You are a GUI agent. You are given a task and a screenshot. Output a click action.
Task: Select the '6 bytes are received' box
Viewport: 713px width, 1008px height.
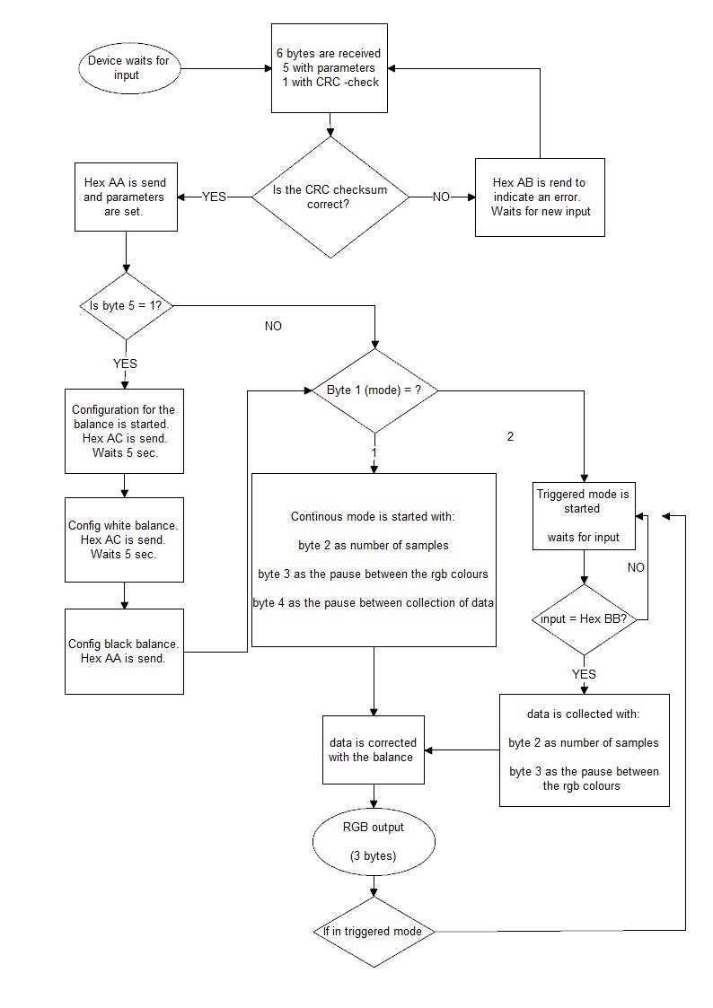click(330, 69)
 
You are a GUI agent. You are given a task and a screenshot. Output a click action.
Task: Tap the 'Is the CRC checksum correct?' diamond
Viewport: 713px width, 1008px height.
click(330, 197)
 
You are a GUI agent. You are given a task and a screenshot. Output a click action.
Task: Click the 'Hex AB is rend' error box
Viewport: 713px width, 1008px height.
click(539, 197)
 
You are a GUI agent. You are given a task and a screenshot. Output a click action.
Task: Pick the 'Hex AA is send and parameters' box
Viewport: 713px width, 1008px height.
click(124, 197)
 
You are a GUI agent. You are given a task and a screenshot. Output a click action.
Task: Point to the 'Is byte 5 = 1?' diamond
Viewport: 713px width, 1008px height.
click(125, 306)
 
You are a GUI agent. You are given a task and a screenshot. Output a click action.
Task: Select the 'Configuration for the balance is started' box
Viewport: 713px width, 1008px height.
click(124, 431)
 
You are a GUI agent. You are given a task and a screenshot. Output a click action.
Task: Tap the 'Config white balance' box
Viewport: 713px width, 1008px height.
click(124, 539)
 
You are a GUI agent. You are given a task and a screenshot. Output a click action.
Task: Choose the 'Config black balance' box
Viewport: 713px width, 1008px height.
click(124, 651)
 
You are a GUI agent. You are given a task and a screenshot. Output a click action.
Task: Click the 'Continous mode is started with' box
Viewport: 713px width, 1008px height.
click(374, 559)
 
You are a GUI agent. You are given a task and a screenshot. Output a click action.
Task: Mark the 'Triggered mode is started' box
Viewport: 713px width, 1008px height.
click(583, 515)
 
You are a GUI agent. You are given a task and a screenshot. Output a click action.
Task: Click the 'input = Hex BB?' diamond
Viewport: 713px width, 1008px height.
click(585, 619)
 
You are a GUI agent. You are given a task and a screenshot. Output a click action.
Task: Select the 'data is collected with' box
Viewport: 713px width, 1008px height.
click(584, 749)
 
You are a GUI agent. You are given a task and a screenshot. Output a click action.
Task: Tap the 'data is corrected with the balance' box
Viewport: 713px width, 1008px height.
click(371, 749)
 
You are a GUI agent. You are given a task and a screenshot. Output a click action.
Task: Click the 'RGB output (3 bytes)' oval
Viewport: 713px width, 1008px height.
click(373, 842)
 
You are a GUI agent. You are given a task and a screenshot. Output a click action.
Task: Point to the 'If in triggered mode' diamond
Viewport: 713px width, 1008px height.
click(373, 931)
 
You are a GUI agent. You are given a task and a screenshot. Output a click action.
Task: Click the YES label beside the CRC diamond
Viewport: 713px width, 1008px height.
click(214, 197)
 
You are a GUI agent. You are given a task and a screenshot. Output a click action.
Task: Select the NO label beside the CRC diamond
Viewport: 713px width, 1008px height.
click(441, 197)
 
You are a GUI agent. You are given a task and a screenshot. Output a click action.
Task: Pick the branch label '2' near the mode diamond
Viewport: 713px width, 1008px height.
click(511, 437)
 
